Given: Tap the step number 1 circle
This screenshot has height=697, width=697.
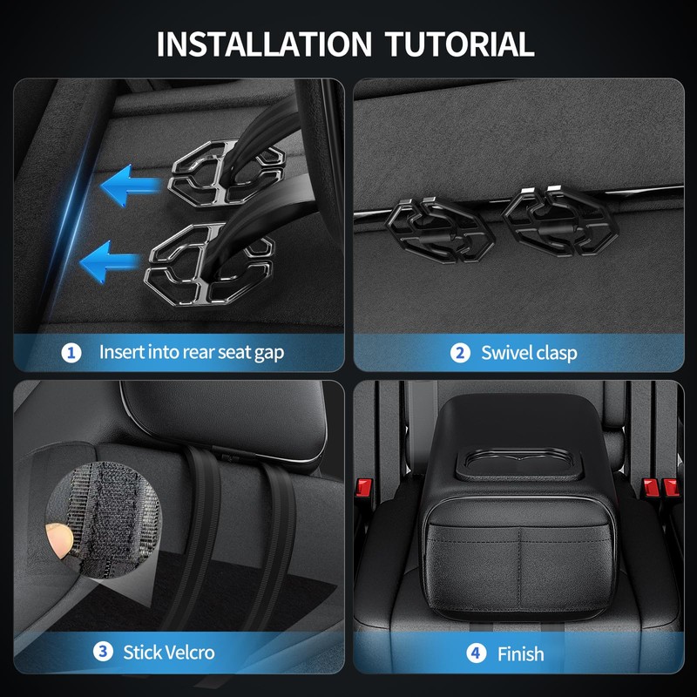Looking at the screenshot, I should point(71,353).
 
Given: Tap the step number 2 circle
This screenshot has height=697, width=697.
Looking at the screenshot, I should point(460,353).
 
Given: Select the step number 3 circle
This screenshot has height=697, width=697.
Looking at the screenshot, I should point(103,652).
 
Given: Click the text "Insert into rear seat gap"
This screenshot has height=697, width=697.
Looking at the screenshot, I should point(192,353).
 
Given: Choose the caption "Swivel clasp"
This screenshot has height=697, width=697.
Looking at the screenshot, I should point(529,353).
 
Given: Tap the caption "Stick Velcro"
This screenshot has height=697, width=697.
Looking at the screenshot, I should point(168,652).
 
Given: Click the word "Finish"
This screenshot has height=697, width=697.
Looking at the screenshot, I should point(520,653).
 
